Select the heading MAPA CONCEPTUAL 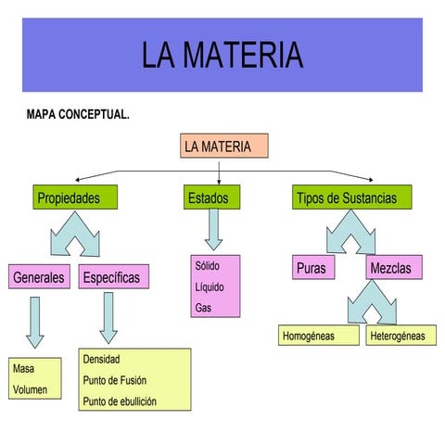(78, 116)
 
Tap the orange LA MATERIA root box (222, 146)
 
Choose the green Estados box (213, 197)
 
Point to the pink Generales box (39, 276)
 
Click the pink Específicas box (110, 276)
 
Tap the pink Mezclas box (393, 268)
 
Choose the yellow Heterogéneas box (397, 336)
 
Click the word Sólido (208, 266)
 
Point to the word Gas (203, 307)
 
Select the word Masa (23, 369)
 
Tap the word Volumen (29, 390)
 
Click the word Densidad (102, 359)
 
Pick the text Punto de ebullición (120, 401)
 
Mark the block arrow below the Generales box (35, 321)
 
